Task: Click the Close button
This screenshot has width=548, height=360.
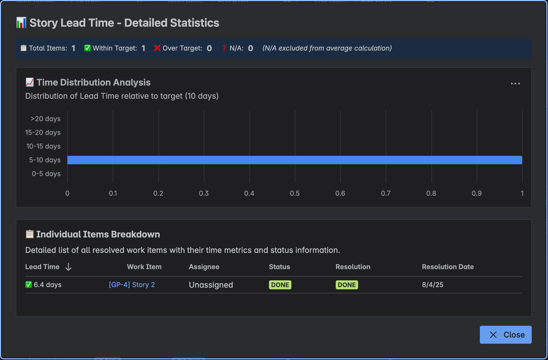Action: click(505, 335)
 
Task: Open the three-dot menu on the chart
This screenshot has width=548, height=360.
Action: click(515, 84)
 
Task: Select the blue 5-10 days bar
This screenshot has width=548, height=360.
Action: click(294, 160)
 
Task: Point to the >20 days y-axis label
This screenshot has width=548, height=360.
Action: click(46, 119)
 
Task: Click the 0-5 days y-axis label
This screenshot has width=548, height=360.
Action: click(46, 174)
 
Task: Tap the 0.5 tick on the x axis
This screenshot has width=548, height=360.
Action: click(295, 193)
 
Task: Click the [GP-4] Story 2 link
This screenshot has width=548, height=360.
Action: click(132, 285)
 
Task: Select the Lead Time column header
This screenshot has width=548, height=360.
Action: click(42, 267)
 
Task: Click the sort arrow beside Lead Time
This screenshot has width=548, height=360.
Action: click(68, 267)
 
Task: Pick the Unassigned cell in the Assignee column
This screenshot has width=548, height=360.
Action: click(211, 285)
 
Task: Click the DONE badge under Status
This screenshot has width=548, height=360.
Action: click(280, 285)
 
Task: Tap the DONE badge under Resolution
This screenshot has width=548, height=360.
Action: click(346, 285)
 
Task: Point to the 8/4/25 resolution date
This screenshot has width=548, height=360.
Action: click(433, 285)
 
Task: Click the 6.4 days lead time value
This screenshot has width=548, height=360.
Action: click(47, 285)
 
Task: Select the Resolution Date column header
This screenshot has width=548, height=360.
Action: click(448, 267)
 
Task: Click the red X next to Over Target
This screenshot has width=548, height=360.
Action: click(157, 48)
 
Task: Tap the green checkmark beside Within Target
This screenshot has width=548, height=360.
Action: click(87, 48)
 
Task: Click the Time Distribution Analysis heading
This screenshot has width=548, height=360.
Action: click(93, 82)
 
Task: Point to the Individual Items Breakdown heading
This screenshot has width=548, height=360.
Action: click(98, 234)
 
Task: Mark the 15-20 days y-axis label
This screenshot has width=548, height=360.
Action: click(43, 133)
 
